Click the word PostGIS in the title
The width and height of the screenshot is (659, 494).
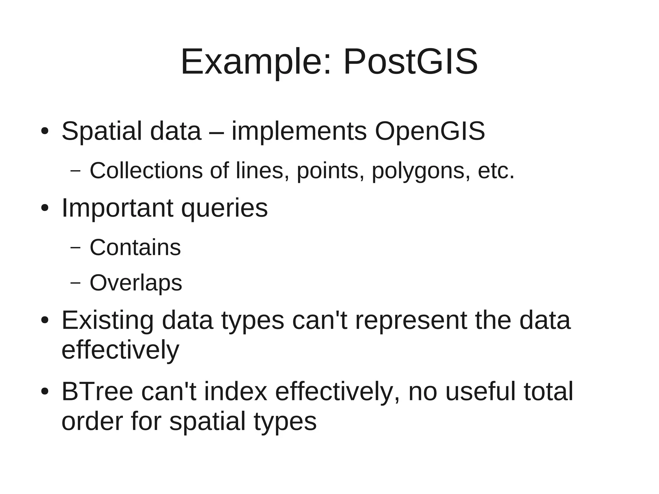pyautogui.click(x=410, y=62)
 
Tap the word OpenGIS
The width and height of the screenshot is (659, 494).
pyautogui.click(x=430, y=131)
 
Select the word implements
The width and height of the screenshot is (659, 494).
pyautogui.click(x=299, y=131)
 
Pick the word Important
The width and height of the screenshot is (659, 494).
pyautogui.click(x=117, y=208)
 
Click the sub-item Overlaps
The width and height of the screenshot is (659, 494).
pyautogui.click(x=136, y=283)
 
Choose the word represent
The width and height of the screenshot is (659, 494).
pyautogui.click(x=411, y=321)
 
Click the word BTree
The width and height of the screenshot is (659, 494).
pyautogui.click(x=97, y=391)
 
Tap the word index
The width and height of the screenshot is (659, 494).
pyautogui.click(x=236, y=391)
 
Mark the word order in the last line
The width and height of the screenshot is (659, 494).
pyautogui.click(x=92, y=421)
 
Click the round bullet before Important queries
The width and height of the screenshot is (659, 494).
pyautogui.click(x=45, y=208)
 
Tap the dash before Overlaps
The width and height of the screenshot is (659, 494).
pyautogui.click(x=75, y=283)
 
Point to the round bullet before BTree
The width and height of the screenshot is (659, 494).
pyautogui.click(x=45, y=391)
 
